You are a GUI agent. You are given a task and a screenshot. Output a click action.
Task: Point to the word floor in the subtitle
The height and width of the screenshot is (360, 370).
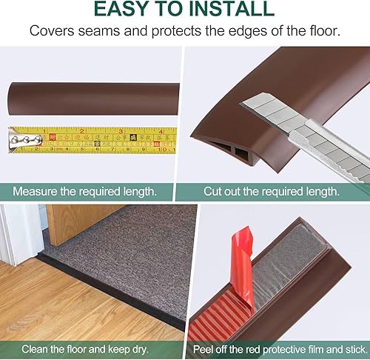324,31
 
